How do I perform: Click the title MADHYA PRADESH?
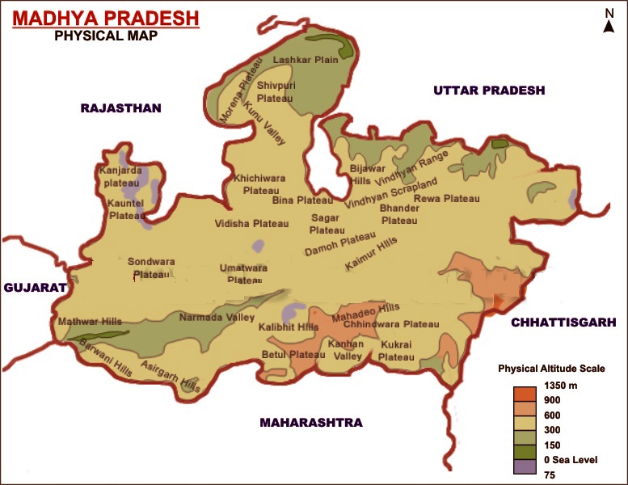(106, 18)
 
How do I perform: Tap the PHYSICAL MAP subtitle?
(105, 36)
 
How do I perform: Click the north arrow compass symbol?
(609, 21)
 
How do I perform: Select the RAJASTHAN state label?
(120, 108)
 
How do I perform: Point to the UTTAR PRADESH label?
(489, 90)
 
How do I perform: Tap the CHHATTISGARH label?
(563, 322)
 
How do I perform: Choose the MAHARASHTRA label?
(310, 422)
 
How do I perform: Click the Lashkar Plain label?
(304, 60)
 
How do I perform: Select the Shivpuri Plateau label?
(274, 91)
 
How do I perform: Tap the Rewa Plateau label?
(447, 198)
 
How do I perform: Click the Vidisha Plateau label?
(251, 223)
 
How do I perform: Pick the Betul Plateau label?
(293, 354)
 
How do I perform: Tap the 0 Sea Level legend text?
(571, 460)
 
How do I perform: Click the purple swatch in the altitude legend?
(525, 466)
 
